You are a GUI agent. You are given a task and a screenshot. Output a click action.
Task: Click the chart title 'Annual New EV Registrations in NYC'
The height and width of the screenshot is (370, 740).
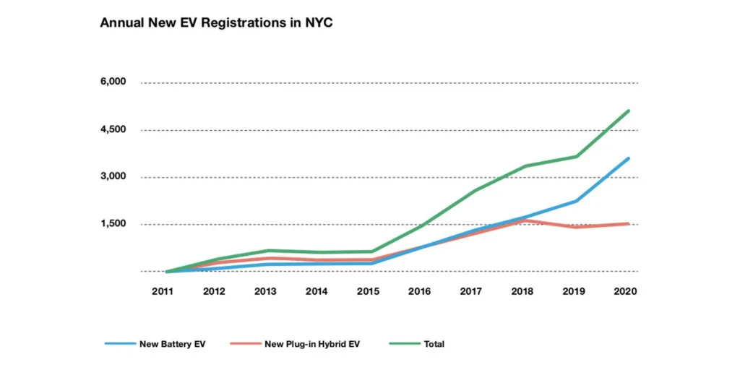click(215, 23)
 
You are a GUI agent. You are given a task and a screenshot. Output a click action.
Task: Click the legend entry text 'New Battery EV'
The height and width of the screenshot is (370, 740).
click(173, 344)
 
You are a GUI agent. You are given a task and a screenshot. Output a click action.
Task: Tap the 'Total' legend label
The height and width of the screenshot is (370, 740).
click(434, 344)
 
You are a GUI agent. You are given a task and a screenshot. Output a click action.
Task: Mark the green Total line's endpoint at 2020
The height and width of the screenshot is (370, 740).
click(629, 111)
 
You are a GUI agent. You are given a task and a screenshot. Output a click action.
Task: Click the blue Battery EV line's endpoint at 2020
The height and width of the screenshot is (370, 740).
click(629, 158)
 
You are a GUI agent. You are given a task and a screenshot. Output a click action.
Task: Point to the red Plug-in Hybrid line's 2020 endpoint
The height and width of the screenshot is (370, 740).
click(629, 224)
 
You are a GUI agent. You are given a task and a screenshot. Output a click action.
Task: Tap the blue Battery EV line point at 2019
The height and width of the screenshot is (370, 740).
click(577, 201)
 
